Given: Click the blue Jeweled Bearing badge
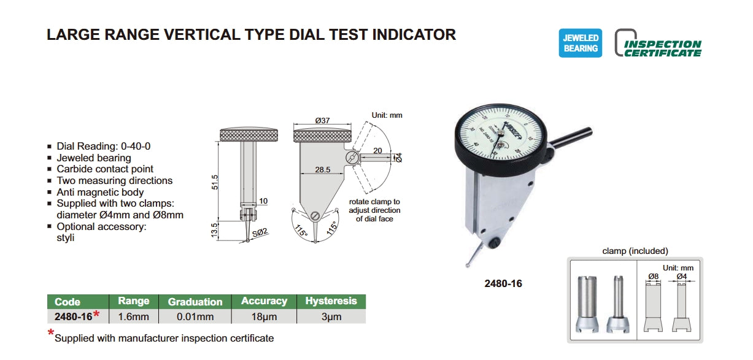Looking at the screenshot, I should click(580, 43).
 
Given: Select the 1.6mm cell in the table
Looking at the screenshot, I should click(133, 316).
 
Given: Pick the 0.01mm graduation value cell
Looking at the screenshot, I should click(195, 316).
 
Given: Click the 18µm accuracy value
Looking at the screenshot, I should click(264, 316).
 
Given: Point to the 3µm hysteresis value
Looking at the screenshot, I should click(331, 316).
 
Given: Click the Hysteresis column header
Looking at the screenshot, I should click(331, 301).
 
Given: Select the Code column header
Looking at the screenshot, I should click(68, 302).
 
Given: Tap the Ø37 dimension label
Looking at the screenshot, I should click(323, 121).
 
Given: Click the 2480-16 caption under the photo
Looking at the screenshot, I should click(503, 284).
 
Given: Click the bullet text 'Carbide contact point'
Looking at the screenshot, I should click(105, 169).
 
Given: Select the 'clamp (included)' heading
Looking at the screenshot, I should click(635, 251).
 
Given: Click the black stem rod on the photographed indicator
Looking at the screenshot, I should click(571, 137).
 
